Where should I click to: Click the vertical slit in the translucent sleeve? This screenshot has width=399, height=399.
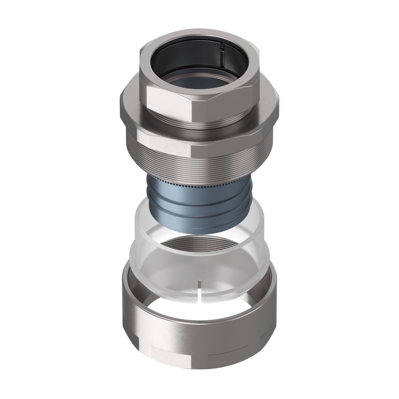199,294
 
